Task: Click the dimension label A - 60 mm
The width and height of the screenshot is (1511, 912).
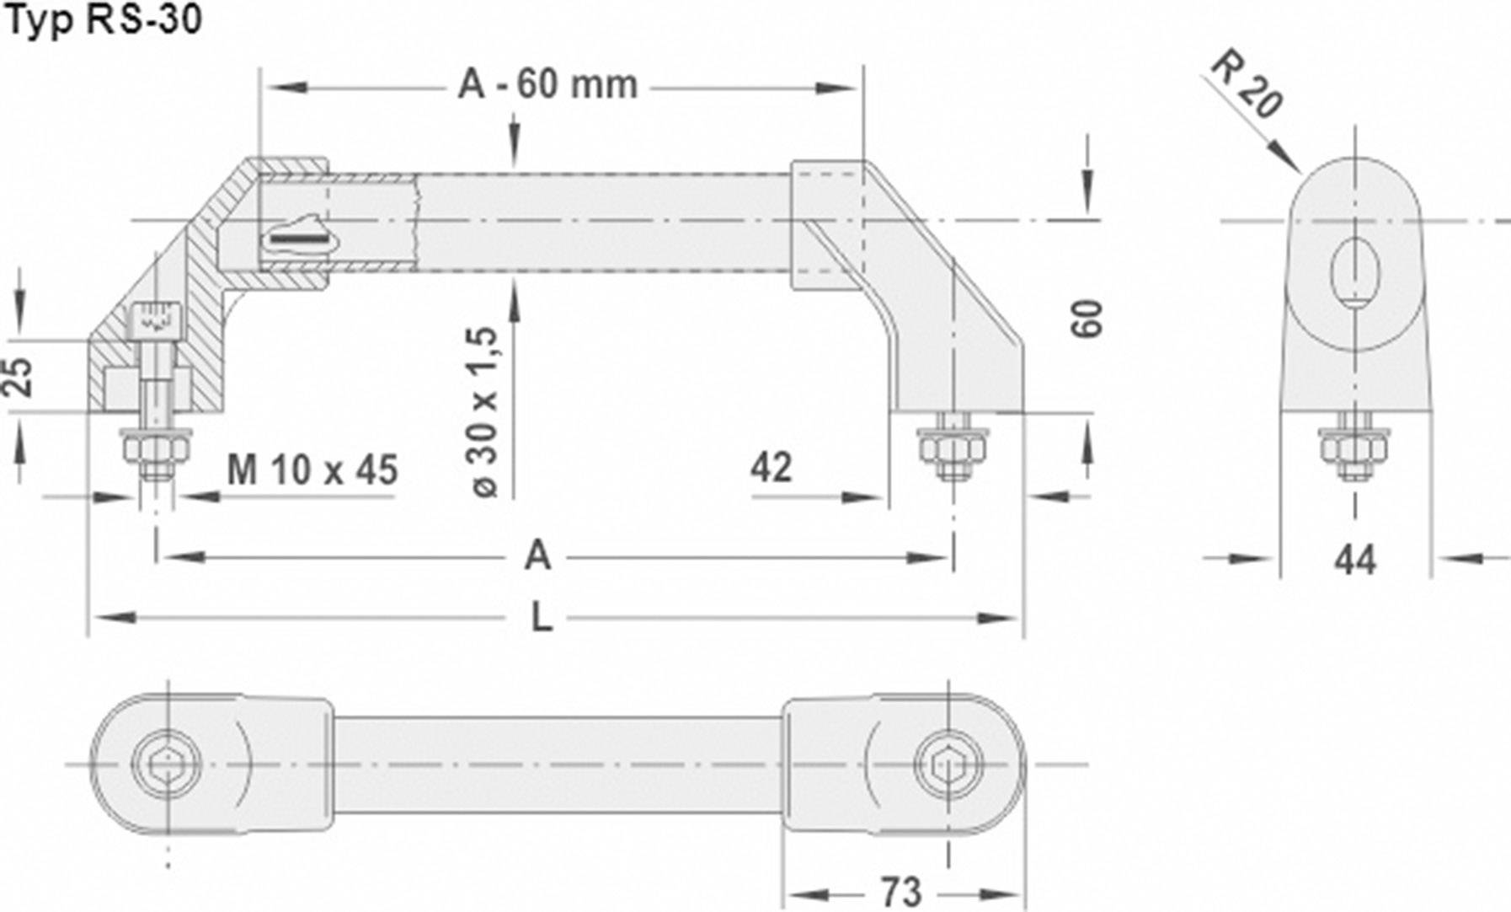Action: point(547,85)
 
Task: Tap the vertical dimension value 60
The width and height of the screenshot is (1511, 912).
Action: point(1087,319)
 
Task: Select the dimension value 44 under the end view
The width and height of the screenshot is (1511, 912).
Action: point(1354,560)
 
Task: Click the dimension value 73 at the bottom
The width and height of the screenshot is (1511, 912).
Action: point(901,892)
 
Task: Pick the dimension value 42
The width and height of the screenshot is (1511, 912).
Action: point(772,468)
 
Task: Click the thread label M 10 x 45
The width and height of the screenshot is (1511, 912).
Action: point(312,470)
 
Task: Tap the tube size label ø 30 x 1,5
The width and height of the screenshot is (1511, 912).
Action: point(487,411)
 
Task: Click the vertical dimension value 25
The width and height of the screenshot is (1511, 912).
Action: point(19,377)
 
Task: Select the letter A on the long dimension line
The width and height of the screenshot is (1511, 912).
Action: point(537,556)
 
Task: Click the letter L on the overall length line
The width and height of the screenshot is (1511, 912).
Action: point(542,618)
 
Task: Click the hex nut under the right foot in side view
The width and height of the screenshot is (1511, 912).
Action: point(953,446)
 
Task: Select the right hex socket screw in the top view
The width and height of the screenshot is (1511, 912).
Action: point(949,765)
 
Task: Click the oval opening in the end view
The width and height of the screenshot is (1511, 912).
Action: point(1355,271)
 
